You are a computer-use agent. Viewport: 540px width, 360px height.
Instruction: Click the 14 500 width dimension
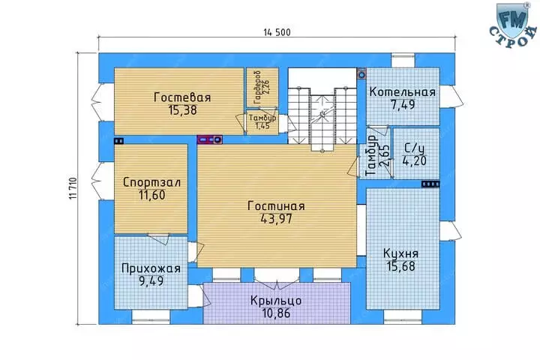(277, 32)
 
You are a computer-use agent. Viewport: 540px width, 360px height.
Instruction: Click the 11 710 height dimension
(73, 188)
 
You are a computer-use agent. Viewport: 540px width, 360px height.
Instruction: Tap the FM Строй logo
(513, 25)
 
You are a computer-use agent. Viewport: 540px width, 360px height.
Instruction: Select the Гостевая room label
(182, 97)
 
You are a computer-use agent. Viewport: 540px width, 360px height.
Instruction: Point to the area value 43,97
(276, 219)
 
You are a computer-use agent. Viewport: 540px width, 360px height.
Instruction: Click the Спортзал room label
(151, 182)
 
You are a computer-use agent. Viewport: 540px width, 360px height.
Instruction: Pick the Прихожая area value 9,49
(151, 281)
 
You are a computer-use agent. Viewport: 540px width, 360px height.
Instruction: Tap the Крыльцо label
(276, 301)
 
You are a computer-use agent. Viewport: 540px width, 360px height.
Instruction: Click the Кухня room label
(400, 254)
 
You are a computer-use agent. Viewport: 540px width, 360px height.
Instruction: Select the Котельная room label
(402, 92)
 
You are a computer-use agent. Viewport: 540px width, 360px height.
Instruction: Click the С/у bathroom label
(415, 148)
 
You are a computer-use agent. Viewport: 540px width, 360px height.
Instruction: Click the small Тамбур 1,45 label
(262, 121)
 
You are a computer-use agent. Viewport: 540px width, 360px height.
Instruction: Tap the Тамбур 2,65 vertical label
(377, 155)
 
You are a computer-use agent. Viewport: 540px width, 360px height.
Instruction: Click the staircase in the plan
(322, 115)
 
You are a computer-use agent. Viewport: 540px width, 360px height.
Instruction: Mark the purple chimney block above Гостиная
(209, 139)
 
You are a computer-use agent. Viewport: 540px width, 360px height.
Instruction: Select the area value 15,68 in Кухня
(400, 266)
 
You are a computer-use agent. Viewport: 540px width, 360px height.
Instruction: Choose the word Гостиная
(276, 206)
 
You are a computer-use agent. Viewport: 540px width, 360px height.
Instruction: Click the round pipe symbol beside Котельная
(361, 74)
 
